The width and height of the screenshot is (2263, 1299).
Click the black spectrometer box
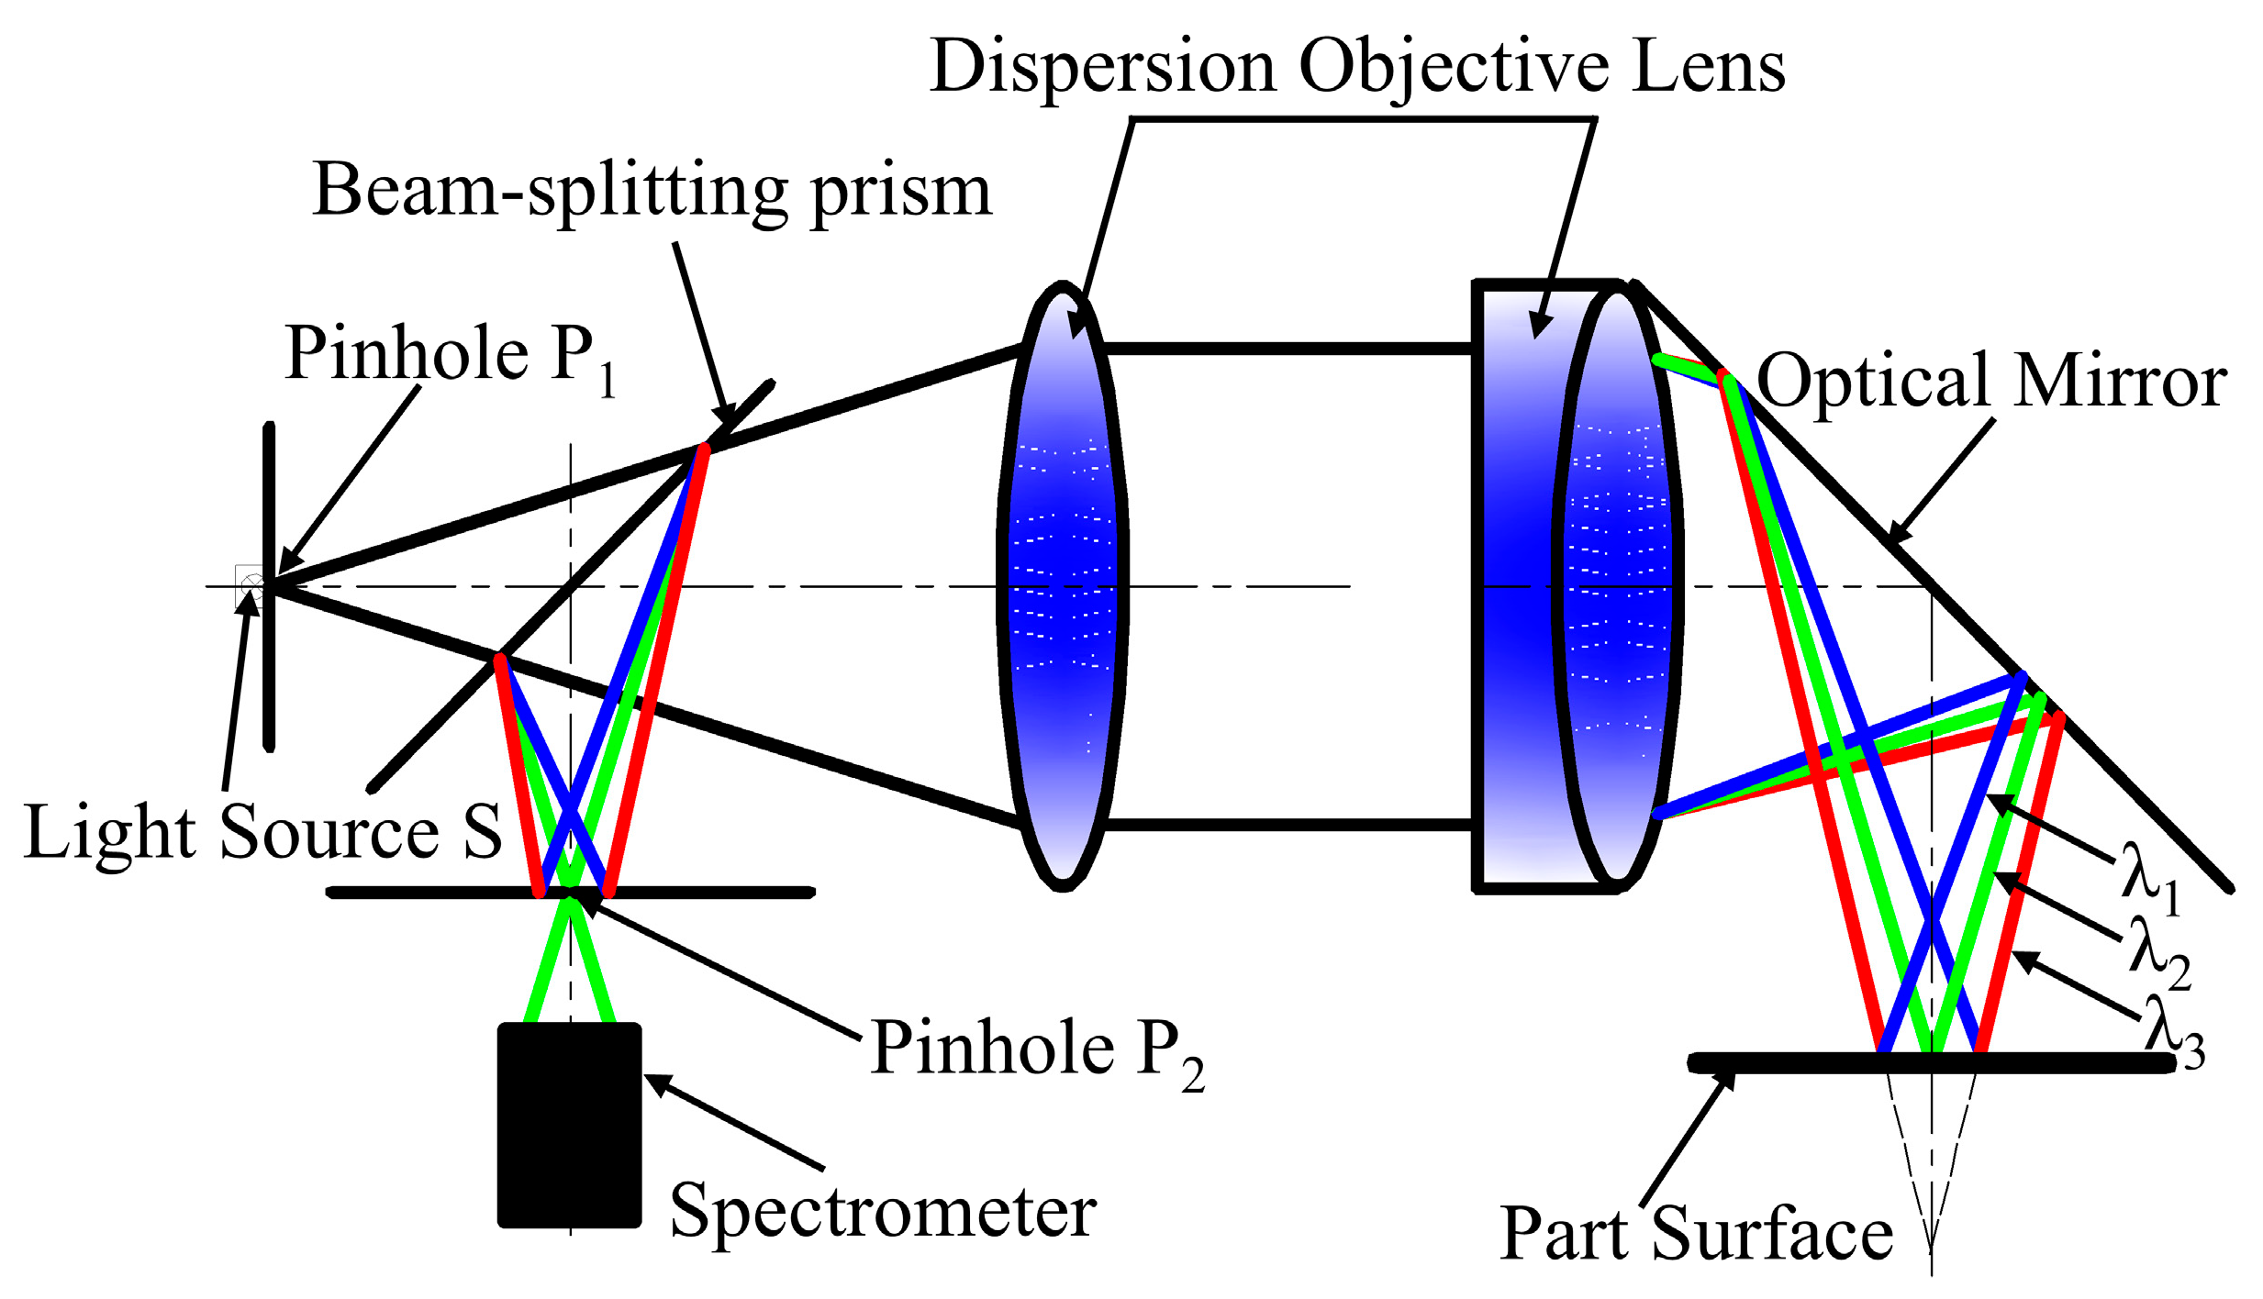[569, 1124]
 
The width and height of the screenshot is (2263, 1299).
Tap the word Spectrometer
[883, 1211]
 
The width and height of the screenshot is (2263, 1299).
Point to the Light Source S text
[262, 833]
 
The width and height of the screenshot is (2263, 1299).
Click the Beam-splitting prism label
[652, 191]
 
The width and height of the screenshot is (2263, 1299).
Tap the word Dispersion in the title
[1101, 68]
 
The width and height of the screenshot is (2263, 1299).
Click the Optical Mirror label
[1991, 382]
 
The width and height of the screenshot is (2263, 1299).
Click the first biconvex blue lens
[1063, 587]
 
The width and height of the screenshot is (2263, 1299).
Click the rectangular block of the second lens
[1514, 587]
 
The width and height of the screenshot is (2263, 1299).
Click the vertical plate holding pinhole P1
[269, 670]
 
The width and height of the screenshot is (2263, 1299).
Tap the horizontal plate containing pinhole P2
[716, 892]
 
